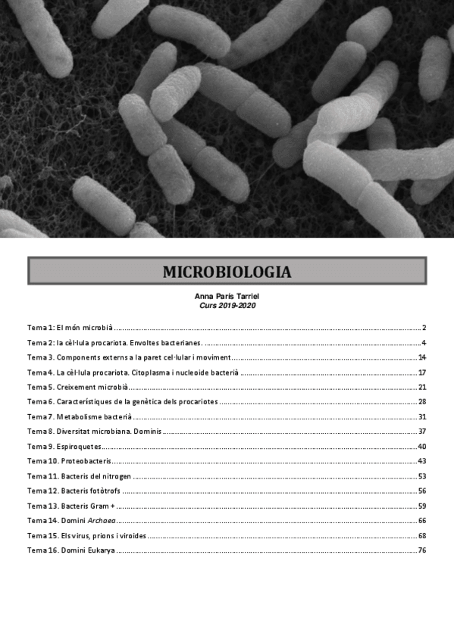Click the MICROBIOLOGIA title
click(227, 271)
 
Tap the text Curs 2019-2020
click(227, 305)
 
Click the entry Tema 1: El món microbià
click(70, 328)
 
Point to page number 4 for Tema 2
click(424, 342)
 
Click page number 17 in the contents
click(422, 372)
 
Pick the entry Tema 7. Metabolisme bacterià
click(80, 416)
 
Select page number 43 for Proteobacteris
click(422, 461)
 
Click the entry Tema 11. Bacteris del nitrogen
click(80, 476)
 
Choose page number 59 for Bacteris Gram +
click(422, 506)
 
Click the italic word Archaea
click(102, 521)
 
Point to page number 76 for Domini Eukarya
click(422, 550)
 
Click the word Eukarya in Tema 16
click(101, 550)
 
